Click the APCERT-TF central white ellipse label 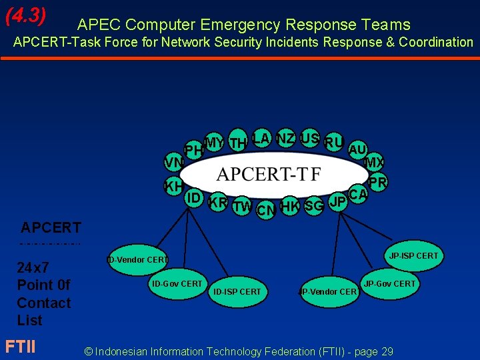tap(269, 175)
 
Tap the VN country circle tap(174, 163)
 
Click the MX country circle tap(373, 163)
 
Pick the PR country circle tap(378, 182)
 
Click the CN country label tap(266, 211)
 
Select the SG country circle tap(313, 207)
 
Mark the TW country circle tap(242, 207)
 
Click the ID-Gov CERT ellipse tap(177, 284)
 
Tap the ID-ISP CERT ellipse tap(237, 291)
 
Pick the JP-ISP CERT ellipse tap(413, 255)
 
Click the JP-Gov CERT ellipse tap(389, 284)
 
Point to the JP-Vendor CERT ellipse tap(328, 291)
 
